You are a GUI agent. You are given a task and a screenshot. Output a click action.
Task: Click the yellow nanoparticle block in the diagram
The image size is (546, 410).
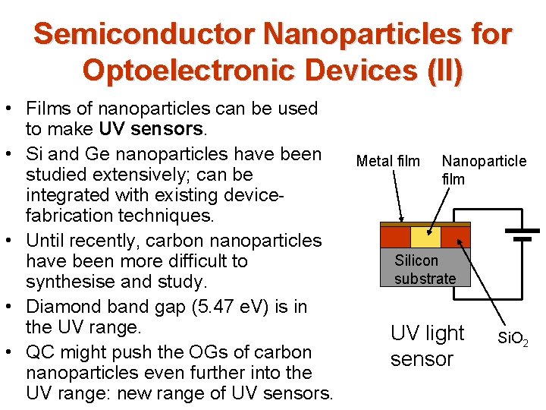[425, 237]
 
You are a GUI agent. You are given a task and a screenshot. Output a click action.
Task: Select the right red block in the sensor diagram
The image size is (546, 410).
[456, 237]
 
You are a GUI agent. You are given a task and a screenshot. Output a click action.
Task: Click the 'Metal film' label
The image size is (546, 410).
[388, 161]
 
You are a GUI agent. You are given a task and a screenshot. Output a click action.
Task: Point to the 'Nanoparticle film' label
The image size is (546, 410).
[483, 170]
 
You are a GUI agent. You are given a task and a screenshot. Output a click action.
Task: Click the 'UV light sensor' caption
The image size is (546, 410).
[427, 345]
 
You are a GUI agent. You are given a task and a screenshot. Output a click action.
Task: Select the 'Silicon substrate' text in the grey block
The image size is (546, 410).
[425, 270]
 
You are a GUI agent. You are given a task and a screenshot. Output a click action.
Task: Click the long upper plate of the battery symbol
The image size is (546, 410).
[522, 225]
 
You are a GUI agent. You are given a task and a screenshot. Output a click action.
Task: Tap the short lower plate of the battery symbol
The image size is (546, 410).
[522, 238]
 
